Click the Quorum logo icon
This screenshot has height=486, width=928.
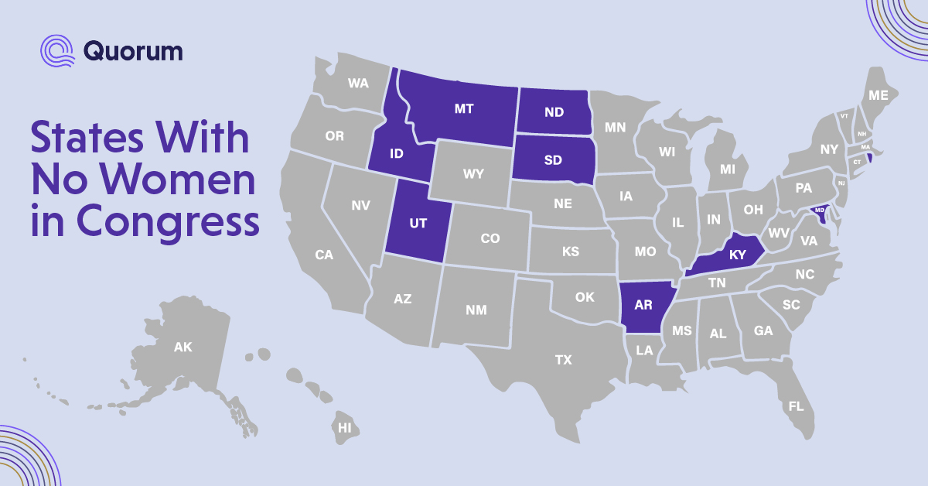coord(57,50)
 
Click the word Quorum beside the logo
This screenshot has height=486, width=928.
coord(132,51)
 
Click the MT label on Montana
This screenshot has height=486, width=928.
coord(463,109)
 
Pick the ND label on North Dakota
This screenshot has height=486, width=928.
coord(554,112)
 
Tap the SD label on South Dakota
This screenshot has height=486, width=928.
coord(552,161)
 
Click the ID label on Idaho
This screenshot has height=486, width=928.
coord(396,152)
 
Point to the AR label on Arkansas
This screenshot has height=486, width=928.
coord(643,305)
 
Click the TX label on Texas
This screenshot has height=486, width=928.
coord(563,360)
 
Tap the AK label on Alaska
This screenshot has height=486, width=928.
coord(183,347)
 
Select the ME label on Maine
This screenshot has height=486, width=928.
coord(878,96)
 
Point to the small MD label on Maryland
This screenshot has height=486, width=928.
coord(820,210)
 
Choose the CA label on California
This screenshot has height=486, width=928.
coord(323,255)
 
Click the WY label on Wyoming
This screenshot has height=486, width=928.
coord(473,174)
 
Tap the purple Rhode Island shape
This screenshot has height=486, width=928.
coord(869,158)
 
